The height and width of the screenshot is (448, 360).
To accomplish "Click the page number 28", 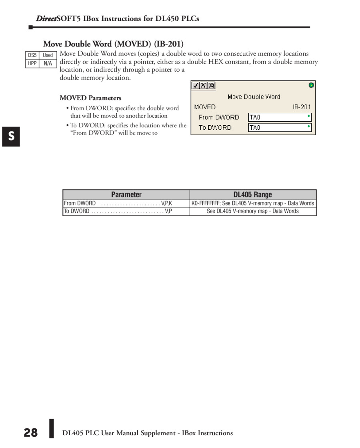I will click(30, 433).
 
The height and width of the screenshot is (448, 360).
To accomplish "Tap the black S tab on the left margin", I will click(11, 137).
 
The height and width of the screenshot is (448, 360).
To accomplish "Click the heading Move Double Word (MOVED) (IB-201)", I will click(113, 44).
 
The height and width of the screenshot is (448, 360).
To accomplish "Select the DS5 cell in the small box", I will click(32, 55).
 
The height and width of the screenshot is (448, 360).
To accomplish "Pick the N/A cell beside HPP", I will click(48, 63).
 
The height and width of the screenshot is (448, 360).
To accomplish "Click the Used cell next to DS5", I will click(48, 55).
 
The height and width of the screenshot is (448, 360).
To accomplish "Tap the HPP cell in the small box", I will click(32, 63).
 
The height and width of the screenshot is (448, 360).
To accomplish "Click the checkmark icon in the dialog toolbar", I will click(196, 85).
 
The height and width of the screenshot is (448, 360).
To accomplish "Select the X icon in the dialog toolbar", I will click(203, 85).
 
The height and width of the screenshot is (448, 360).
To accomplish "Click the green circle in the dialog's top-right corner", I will click(311, 85).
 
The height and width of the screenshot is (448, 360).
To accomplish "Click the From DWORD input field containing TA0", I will click(280, 117).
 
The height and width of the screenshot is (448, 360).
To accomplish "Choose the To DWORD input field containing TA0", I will click(280, 128).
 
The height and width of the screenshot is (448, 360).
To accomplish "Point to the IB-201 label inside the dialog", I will click(302, 107).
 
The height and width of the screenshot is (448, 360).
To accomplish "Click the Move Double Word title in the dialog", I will click(254, 96).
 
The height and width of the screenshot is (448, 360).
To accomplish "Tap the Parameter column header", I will click(126, 195).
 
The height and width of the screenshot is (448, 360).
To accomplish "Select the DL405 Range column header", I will click(252, 195).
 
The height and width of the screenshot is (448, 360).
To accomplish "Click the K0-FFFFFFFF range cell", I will click(253, 203).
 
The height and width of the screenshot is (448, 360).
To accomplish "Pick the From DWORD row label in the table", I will click(80, 203).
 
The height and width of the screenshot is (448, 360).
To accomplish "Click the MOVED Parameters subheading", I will click(90, 98).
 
